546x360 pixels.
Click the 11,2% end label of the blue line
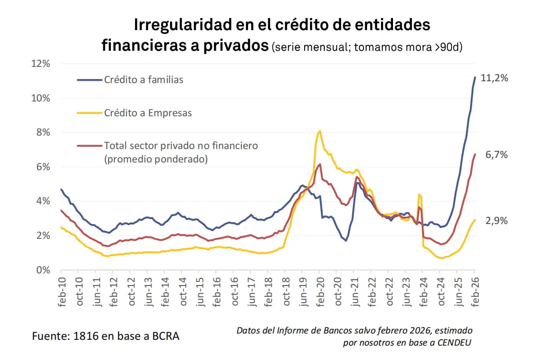pyautogui.click(x=494, y=78)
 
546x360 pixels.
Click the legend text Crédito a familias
pyautogui.click(x=144, y=80)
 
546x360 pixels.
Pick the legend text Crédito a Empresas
pyautogui.click(x=148, y=113)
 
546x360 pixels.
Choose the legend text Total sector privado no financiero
pyautogui.click(x=181, y=145)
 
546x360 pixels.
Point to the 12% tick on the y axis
pyautogui.click(x=41, y=64)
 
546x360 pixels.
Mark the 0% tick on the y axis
pyautogui.click(x=44, y=270)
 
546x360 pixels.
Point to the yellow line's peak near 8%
pyautogui.click(x=319, y=131)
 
